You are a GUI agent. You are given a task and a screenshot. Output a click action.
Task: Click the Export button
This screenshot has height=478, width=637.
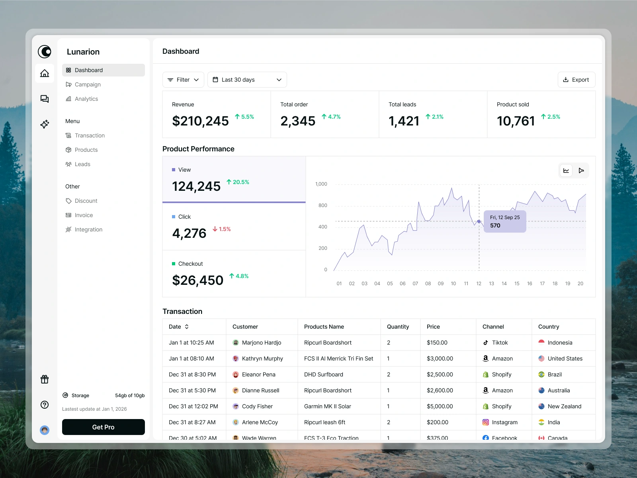[x=576, y=80]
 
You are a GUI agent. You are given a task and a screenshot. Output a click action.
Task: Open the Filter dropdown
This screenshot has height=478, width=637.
[x=183, y=80]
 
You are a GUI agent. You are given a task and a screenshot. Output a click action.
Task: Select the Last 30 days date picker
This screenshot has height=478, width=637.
[x=247, y=80]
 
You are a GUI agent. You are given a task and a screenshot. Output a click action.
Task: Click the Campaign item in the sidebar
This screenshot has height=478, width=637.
[x=88, y=84]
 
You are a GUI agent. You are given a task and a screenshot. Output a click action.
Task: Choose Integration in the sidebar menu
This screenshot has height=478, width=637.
[x=88, y=229]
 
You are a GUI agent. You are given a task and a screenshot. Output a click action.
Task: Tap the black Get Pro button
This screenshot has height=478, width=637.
[x=104, y=427]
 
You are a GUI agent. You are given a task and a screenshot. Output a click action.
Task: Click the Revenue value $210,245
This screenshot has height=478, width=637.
[x=200, y=121]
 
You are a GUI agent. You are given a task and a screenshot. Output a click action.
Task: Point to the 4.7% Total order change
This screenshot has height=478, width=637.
[x=331, y=117]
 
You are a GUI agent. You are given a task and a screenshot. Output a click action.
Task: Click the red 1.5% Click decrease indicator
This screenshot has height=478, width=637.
[x=222, y=229]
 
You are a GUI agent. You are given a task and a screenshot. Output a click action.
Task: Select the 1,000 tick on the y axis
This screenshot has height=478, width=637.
[x=321, y=184]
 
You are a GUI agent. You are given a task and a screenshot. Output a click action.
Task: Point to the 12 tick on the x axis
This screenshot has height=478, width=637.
[x=479, y=284]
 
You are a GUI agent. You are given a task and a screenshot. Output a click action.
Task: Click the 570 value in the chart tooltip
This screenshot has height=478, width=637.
[x=495, y=225]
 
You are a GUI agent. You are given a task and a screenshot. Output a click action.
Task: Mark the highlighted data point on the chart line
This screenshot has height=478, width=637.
[x=479, y=221]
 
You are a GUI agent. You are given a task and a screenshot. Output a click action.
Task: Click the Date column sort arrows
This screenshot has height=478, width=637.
[x=187, y=327]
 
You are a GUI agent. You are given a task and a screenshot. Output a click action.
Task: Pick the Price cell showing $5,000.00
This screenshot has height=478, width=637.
[x=440, y=406]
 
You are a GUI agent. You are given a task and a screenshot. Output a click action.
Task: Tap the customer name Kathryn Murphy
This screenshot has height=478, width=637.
[x=262, y=358]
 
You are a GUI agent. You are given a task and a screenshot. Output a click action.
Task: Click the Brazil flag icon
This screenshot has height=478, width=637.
[x=541, y=374]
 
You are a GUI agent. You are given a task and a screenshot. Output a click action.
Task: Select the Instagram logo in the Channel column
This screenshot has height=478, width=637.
[x=486, y=422]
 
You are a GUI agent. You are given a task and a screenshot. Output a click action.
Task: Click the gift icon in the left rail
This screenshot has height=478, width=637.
[x=45, y=379]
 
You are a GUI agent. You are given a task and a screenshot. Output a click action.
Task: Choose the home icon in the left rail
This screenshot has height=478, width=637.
[x=45, y=73]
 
